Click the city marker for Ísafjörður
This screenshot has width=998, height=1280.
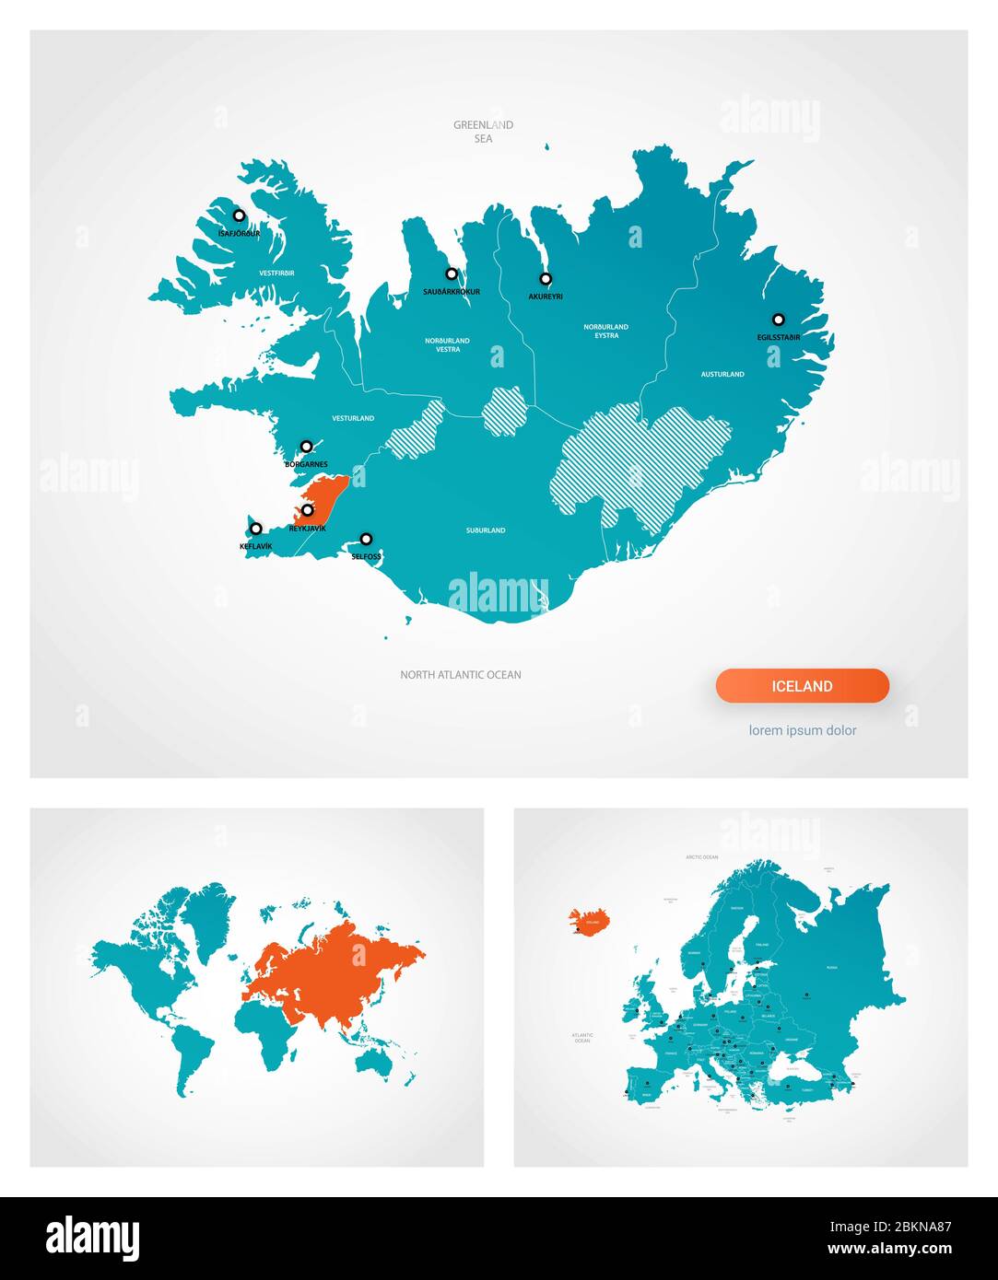tap(239, 215)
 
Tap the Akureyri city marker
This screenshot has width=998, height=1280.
tap(546, 278)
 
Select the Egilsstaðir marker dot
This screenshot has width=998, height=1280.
tap(778, 320)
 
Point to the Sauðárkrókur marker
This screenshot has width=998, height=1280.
tap(452, 273)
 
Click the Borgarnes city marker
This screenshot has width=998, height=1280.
tap(306, 447)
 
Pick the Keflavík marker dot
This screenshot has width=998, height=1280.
tap(256, 529)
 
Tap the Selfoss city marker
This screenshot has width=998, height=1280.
tap(366, 539)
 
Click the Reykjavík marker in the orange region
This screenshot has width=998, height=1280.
tap(308, 510)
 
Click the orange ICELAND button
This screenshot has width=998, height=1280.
tap(802, 686)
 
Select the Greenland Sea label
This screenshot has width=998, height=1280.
tap(483, 132)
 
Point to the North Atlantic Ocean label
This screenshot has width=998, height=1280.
tap(460, 675)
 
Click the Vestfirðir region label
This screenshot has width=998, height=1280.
tap(276, 273)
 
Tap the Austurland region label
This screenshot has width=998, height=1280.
tap(722, 375)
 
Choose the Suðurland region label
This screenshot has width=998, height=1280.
tap(485, 530)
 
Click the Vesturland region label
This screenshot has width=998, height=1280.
tap(353, 419)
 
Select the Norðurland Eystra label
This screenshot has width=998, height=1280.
tap(605, 331)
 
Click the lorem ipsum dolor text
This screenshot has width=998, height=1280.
tap(802, 730)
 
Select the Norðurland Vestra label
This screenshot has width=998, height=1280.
tap(447, 344)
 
